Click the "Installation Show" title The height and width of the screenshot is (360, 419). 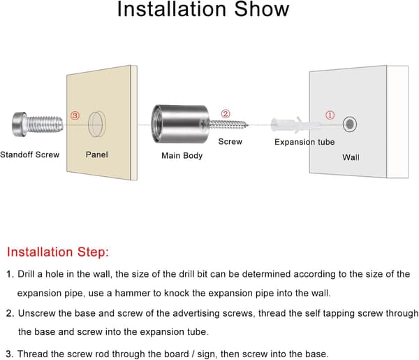click(203, 9)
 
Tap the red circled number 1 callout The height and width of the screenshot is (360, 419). click(330, 115)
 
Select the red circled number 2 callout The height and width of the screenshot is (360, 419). click(226, 114)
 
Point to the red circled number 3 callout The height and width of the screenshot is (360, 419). click(75, 115)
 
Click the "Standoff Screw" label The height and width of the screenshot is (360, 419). click(29, 154)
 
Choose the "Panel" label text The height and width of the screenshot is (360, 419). click(97, 154)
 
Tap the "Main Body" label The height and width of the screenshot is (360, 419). click(182, 156)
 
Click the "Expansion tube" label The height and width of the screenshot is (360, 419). click(304, 142)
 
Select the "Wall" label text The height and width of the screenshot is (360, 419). click(351, 157)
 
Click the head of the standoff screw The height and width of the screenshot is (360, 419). click(20, 124)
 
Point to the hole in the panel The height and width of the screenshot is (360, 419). click(97, 124)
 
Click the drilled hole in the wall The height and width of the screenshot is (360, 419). click(350, 124)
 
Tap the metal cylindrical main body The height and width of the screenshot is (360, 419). click(179, 124)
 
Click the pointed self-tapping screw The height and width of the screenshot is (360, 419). click(226, 124)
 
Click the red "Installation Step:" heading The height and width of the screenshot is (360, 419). click(58, 252)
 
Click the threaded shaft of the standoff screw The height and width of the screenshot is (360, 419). click(45, 124)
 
